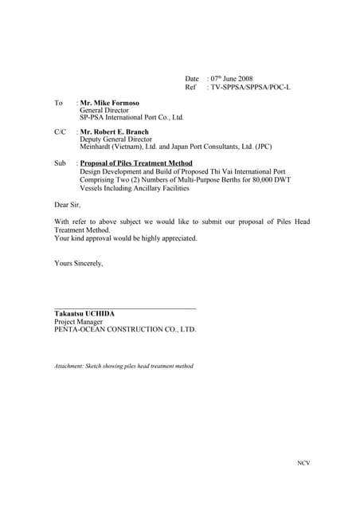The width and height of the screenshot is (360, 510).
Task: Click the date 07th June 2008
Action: coord(230,79)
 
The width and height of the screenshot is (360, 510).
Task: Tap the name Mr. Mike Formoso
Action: coord(110,103)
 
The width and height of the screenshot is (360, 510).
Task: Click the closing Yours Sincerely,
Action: coord(78,262)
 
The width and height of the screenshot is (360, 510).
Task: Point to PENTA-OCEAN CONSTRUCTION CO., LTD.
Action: coord(125,329)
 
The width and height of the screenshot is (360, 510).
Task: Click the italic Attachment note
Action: coord(123,367)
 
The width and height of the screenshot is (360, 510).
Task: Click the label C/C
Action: coord(60,131)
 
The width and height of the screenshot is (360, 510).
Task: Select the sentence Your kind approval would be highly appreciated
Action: coord(125,238)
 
